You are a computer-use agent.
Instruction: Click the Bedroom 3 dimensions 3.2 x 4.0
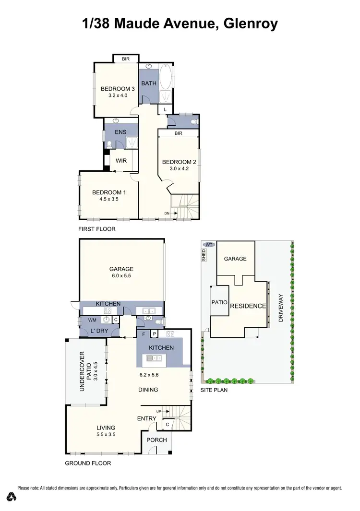click(117, 95)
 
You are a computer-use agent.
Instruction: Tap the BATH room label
click(149, 83)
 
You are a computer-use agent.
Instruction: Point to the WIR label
click(121, 161)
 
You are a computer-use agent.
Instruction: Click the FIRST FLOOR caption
click(97, 229)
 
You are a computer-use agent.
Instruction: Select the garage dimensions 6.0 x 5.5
click(121, 276)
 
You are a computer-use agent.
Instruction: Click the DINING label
click(148, 390)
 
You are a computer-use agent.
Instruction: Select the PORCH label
click(156, 440)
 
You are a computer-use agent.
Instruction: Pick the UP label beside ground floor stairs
click(159, 412)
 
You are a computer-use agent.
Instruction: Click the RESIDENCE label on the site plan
click(248, 306)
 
